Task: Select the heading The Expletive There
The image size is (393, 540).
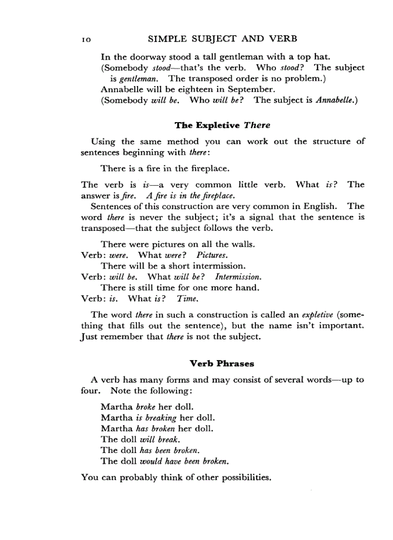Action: tap(222, 125)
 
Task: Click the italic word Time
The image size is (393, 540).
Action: tap(187, 299)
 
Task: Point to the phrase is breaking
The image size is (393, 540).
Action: tap(157, 417)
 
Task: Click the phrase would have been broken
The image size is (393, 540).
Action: tap(183, 461)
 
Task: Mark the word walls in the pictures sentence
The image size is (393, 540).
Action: tap(244, 244)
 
